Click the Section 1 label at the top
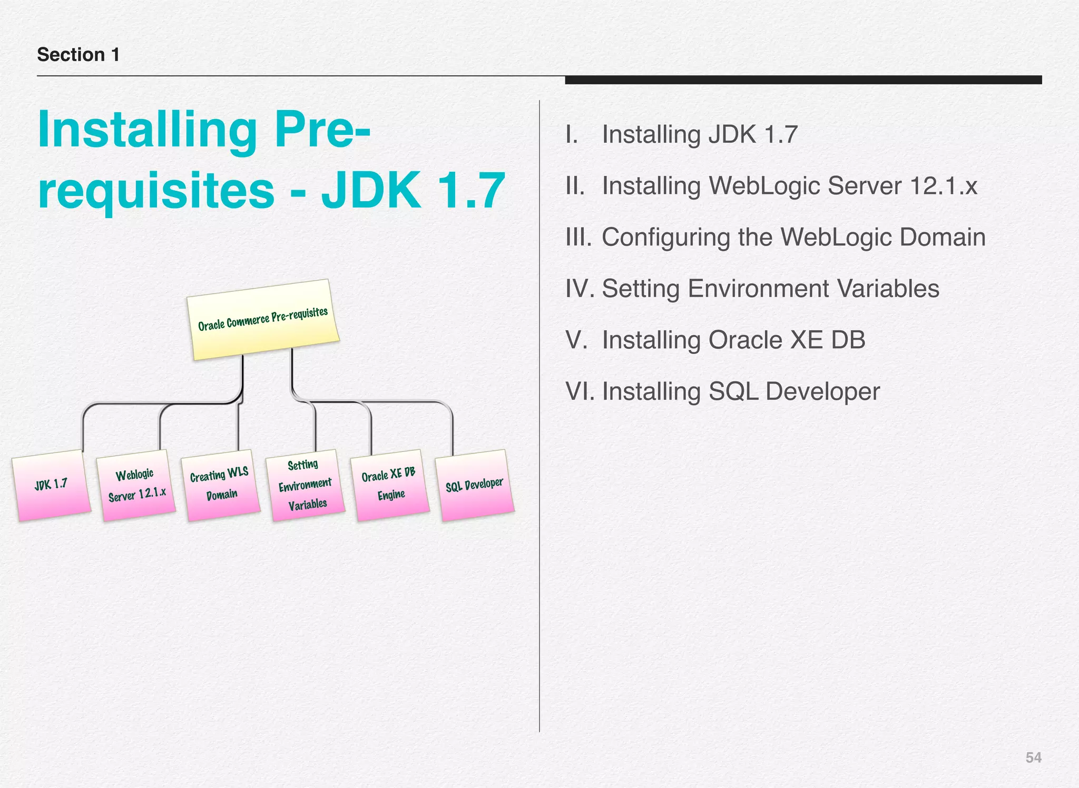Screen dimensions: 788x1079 78,55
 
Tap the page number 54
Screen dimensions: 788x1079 1033,757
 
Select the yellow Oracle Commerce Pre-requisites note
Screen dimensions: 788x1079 263,320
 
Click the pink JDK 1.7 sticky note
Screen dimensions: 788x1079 51,485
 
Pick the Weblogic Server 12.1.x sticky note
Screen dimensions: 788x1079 136,485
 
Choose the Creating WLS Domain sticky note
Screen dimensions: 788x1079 220,485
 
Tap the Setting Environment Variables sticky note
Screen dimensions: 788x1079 305,485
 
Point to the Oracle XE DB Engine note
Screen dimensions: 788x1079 390,485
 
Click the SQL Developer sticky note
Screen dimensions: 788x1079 474,485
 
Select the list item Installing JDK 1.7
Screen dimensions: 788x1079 700,134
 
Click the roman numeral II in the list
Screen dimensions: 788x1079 575,186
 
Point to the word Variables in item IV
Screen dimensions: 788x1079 888,289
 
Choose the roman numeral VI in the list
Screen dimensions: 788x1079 579,391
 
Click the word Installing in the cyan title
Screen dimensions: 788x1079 147,130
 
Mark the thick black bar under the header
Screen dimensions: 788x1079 803,80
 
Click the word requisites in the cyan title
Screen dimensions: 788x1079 156,190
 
